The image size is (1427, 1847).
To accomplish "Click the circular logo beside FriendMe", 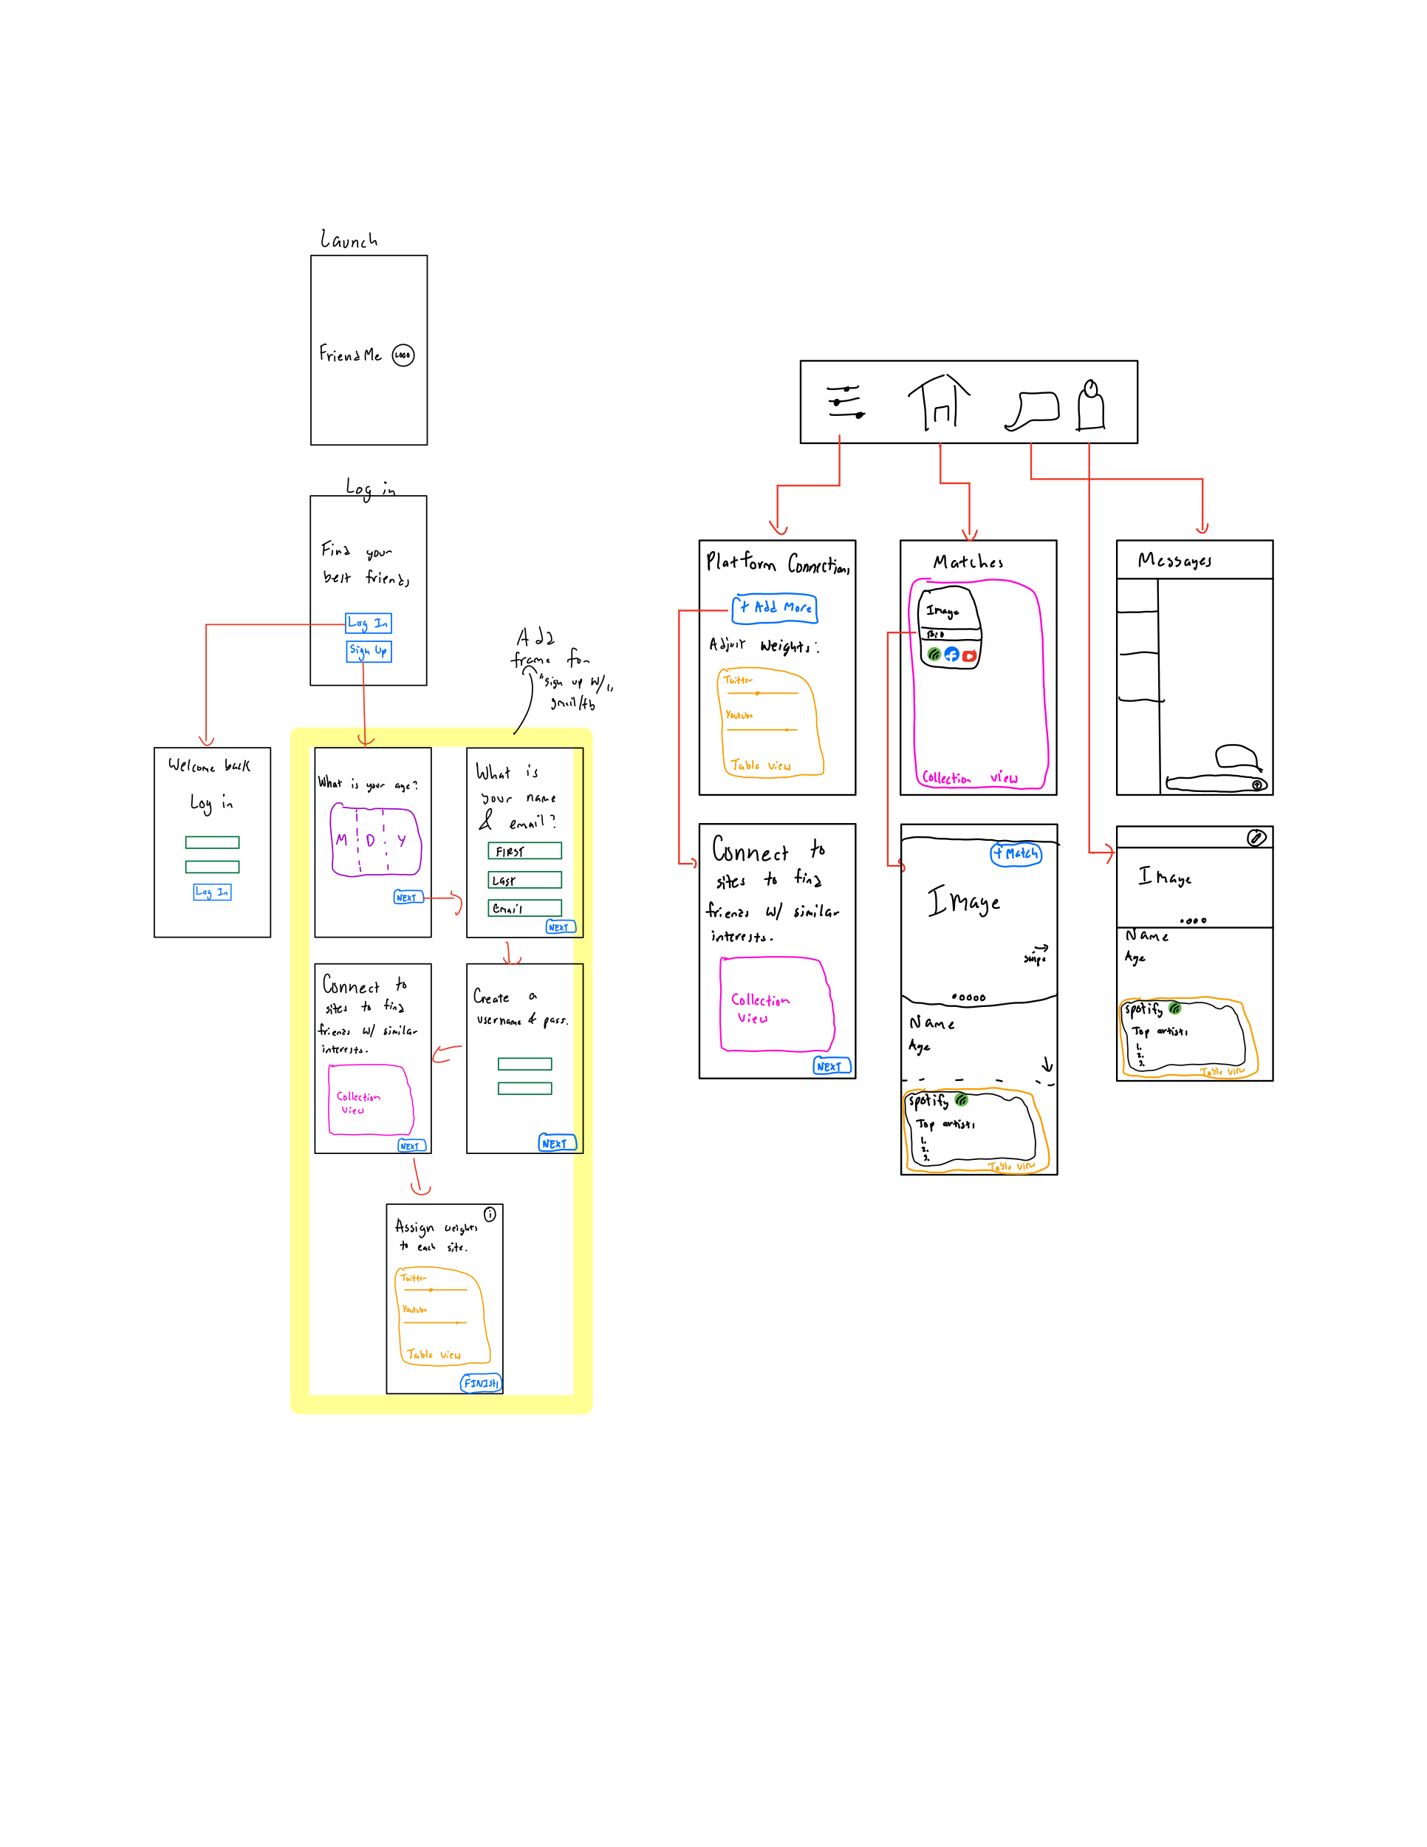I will (x=403, y=355).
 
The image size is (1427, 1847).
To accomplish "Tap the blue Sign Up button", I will (x=369, y=650).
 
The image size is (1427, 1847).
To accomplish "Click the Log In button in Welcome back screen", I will (x=212, y=892).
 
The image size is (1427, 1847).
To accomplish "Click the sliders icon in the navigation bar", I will (x=846, y=402).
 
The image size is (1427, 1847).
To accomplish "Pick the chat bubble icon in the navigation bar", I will (x=1033, y=410).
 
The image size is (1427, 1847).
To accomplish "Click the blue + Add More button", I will (x=774, y=608).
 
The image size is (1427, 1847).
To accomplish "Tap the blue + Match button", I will (x=1016, y=854).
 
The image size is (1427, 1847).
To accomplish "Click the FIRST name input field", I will (x=524, y=851).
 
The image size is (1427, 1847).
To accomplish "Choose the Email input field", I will (x=524, y=908).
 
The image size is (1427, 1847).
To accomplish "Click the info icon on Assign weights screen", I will (x=490, y=1214).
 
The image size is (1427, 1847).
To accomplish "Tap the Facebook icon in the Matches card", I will (x=952, y=655).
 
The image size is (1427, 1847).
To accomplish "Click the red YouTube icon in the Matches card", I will (x=970, y=655).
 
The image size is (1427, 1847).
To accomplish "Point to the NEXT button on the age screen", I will (x=408, y=898).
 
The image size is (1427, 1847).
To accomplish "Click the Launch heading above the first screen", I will (x=349, y=240).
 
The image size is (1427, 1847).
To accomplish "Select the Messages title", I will (x=1174, y=561).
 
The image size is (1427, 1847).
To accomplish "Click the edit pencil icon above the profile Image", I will (x=1256, y=837).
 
